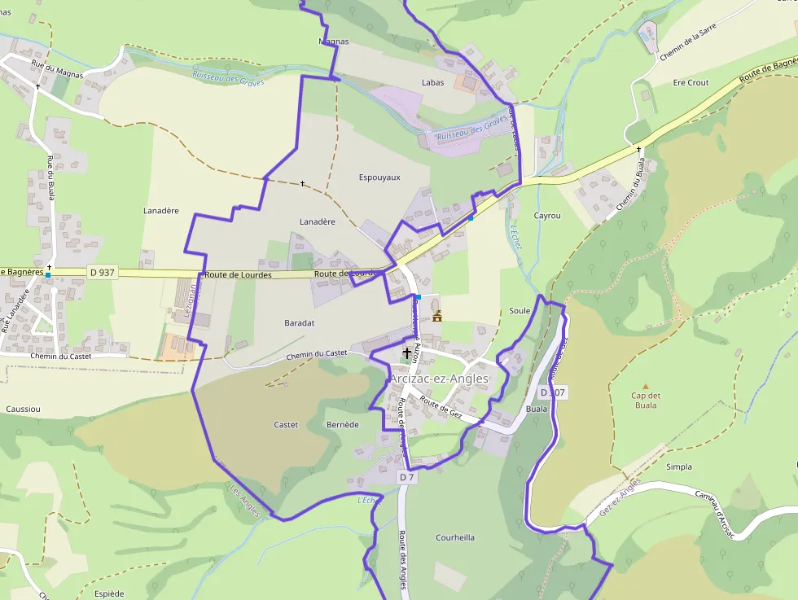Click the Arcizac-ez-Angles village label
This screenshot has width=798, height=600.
pyautogui.click(x=439, y=379)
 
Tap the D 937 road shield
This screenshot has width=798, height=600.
pyautogui.click(x=102, y=273)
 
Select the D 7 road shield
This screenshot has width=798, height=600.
pyautogui.click(x=407, y=477)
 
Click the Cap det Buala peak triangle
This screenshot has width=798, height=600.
pyautogui.click(x=646, y=387)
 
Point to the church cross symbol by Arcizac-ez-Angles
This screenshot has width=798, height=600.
pyautogui.click(x=407, y=353)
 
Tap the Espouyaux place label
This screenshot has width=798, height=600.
pyautogui.click(x=379, y=177)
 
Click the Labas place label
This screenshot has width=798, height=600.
pyautogui.click(x=433, y=83)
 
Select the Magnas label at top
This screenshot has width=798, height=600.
pyautogui.click(x=333, y=42)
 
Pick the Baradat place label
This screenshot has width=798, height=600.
pyautogui.click(x=300, y=323)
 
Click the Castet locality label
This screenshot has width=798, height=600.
pyautogui.click(x=286, y=425)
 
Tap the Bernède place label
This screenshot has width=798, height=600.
pyautogui.click(x=342, y=425)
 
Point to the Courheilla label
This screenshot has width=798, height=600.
pyautogui.click(x=455, y=538)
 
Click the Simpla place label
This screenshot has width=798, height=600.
pyautogui.click(x=679, y=467)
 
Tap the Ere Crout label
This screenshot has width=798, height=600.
pyautogui.click(x=691, y=83)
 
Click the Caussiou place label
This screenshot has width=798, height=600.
pyautogui.click(x=23, y=409)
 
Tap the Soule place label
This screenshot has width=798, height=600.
pyautogui.click(x=520, y=311)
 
